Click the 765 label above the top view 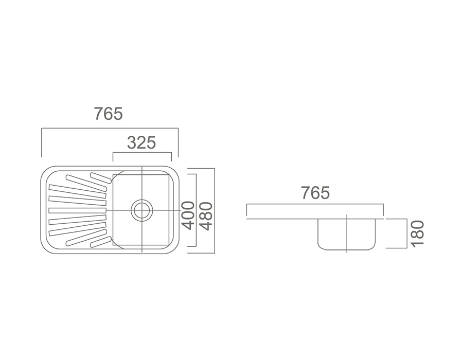pyautogui.click(x=109, y=114)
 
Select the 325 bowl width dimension pyautogui.click(x=141, y=142)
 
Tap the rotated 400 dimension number pyautogui.click(x=189, y=215)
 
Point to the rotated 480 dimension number pyautogui.click(x=206, y=215)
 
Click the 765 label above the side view pyautogui.click(x=315, y=193)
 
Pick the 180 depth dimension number pyautogui.click(x=417, y=232)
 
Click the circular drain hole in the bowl pyautogui.click(x=142, y=210)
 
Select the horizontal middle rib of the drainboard pyautogui.click(x=77, y=210)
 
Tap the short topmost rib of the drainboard pyautogui.click(x=101, y=177)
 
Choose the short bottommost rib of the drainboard pyautogui.click(x=101, y=242)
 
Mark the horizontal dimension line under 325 pyautogui.click(x=142, y=153)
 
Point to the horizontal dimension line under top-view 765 pyautogui.click(x=109, y=129)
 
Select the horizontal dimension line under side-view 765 pyautogui.click(x=315, y=204)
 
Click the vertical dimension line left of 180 pyautogui.click(x=407, y=233)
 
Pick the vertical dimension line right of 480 pyautogui.click(x=214, y=210)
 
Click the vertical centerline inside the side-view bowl pyautogui.click(x=347, y=234)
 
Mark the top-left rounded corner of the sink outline pyautogui.click(x=45, y=171)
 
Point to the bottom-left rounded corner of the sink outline pyautogui.click(x=45, y=249)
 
